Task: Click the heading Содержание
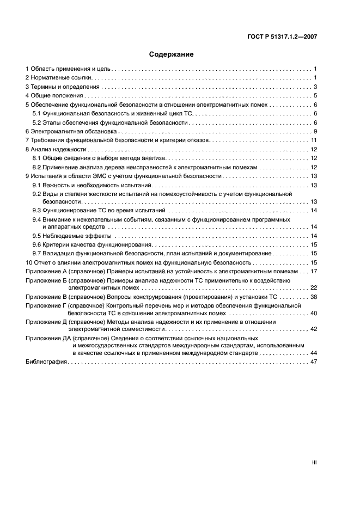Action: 172,54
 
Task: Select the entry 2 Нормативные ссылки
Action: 53,78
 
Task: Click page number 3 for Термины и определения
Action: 315,87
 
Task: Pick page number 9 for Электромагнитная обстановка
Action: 315,132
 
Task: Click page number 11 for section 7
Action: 314,140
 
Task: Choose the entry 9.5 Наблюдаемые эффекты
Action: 72,236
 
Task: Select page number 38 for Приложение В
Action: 314,297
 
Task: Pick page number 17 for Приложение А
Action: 314,271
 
